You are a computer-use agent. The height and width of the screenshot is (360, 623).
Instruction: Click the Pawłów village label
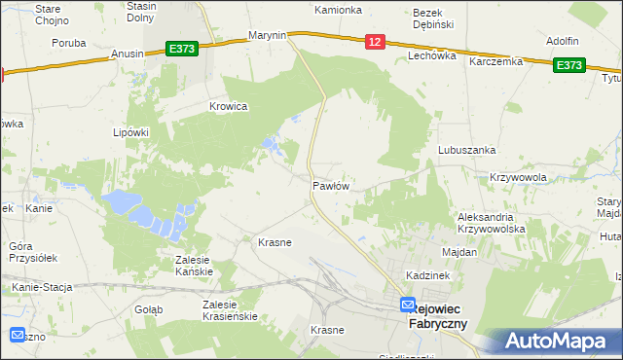coord(331,184)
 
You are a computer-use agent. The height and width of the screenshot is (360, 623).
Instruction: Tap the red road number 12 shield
coord(376,41)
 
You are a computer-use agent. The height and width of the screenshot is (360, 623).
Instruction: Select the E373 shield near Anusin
coord(182,49)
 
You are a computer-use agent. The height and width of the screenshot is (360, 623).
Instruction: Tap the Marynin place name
coord(267,35)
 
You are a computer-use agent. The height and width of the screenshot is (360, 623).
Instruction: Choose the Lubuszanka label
coord(467,150)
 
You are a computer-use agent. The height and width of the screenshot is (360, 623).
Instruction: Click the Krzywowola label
coord(518,177)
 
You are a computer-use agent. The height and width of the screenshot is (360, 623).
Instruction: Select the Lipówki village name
coord(129,131)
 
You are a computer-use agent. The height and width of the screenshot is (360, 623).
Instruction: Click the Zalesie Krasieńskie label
coord(229,310)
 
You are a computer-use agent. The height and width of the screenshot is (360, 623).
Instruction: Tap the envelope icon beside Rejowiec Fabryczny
coord(408,306)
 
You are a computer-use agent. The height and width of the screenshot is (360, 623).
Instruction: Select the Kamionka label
coord(338,10)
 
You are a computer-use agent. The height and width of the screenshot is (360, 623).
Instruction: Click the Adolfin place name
coord(563,41)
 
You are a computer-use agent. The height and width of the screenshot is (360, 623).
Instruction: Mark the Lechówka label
coord(432,56)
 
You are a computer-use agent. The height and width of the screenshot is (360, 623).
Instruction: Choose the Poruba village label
coord(69,43)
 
